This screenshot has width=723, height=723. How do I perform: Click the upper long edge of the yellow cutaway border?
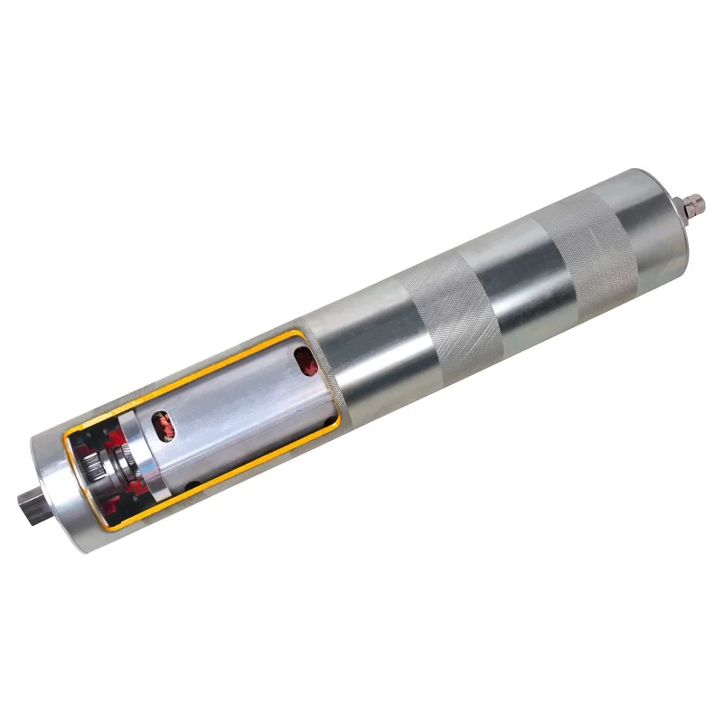(181, 385)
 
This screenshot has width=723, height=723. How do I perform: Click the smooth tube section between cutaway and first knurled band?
(371, 352)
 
